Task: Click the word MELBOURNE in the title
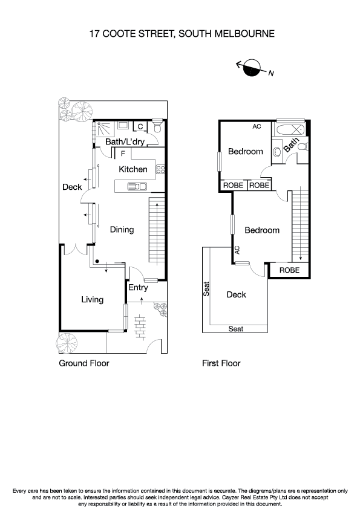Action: (244, 34)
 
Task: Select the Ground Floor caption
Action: (83, 363)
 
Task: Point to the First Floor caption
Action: (221, 363)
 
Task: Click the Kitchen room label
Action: (133, 169)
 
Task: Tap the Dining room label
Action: (122, 230)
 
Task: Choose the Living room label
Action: (92, 299)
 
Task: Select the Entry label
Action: (138, 288)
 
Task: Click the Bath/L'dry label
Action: (123, 142)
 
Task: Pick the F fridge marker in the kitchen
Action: (123, 153)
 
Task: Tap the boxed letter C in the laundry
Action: (140, 126)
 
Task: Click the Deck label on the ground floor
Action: (72, 187)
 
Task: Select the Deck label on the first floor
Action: (236, 294)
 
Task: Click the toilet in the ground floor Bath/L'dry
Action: (157, 128)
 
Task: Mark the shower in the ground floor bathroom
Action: (102, 128)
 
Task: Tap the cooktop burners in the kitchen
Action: (160, 169)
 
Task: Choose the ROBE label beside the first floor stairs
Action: (289, 270)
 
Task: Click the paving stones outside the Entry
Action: (140, 326)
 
